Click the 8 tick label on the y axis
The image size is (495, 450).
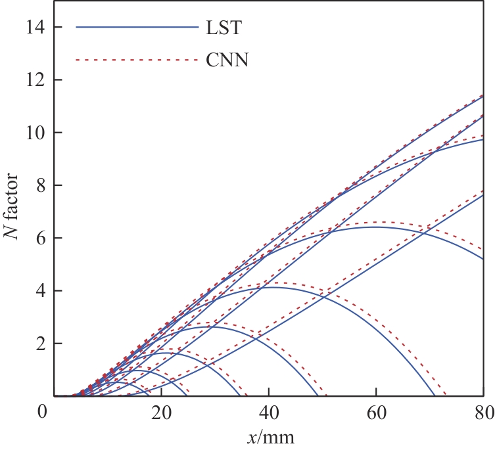point(40,185)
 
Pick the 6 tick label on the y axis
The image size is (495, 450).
point(40,238)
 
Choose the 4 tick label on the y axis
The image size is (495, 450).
point(40,291)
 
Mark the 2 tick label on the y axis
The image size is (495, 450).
point(40,344)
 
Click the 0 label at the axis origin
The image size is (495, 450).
point(43,413)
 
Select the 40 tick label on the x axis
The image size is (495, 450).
point(268,413)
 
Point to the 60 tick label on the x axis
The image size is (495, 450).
point(376,413)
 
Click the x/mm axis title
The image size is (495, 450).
point(269,436)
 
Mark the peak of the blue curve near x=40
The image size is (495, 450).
point(271,287)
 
